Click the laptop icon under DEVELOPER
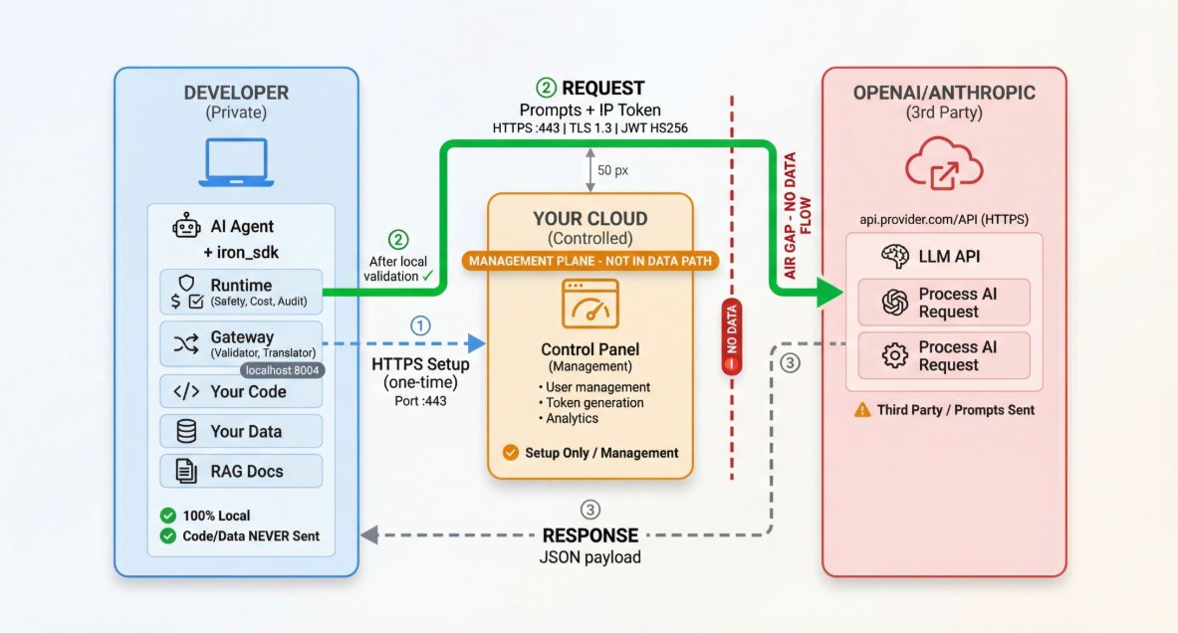coord(236,161)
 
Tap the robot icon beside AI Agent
coord(186,225)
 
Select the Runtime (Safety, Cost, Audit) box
coord(241,292)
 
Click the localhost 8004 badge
coord(283,370)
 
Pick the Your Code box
coord(241,391)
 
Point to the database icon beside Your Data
coord(186,431)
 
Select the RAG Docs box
coord(241,471)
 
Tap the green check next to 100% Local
coord(168,516)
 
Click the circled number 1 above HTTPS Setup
coord(420,325)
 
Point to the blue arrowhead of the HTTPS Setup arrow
coord(477,344)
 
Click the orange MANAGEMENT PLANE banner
coord(590,262)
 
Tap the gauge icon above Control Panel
coord(590,304)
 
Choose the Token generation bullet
coord(591,402)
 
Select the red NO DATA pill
coord(732,335)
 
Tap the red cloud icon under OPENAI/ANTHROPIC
coord(944,163)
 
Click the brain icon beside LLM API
coord(895,256)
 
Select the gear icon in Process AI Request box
coord(895,355)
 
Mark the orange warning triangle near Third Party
coord(862,409)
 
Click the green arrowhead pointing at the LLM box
coord(830,292)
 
